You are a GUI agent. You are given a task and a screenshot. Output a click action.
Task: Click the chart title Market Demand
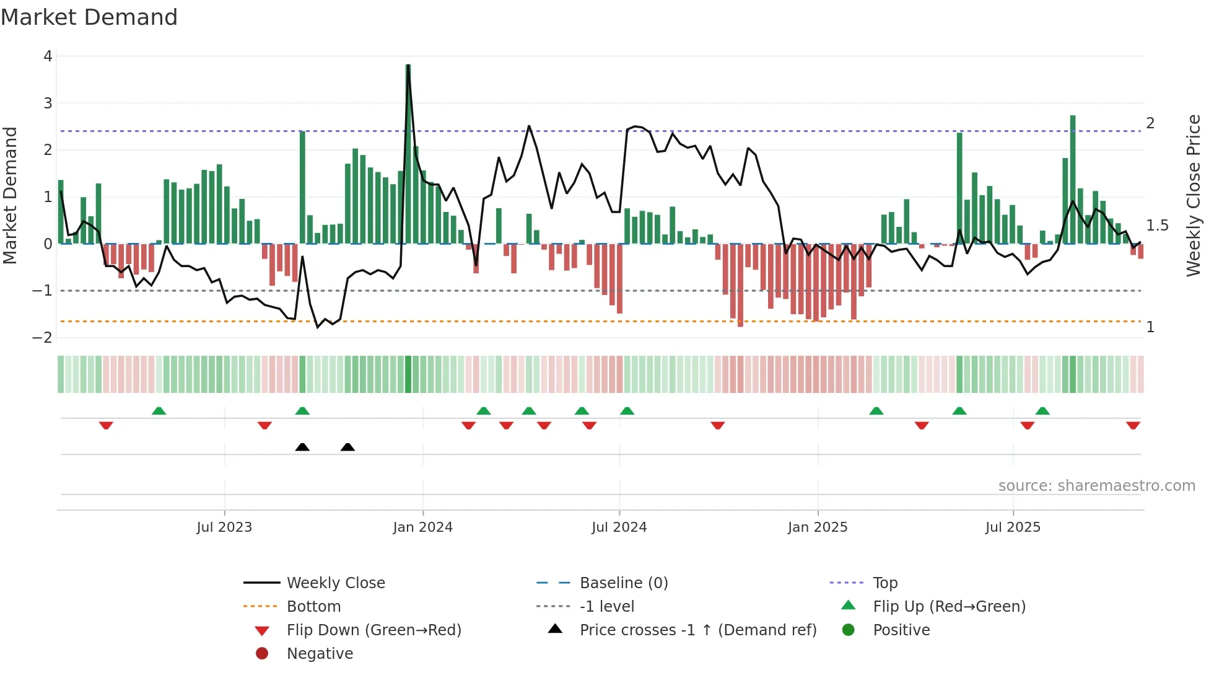(x=89, y=17)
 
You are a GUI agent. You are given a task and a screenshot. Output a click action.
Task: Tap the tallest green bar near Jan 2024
(x=408, y=155)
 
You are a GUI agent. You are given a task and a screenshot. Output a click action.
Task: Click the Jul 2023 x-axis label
(x=224, y=527)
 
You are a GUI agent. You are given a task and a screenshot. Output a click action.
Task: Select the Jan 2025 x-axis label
(x=818, y=527)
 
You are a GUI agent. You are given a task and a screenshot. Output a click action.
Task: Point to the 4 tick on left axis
(x=48, y=56)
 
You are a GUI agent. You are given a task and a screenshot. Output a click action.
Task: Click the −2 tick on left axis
(x=43, y=338)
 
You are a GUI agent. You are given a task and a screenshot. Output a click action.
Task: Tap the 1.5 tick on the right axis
(x=1157, y=226)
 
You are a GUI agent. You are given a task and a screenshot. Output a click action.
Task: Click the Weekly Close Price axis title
(x=1193, y=196)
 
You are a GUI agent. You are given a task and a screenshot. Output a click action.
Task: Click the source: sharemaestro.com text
(x=1096, y=486)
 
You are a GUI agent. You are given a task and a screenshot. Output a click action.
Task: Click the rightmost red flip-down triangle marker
(x=1133, y=425)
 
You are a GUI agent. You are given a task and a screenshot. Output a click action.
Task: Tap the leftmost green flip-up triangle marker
(x=159, y=411)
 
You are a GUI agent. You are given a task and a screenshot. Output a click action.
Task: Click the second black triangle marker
(x=347, y=447)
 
